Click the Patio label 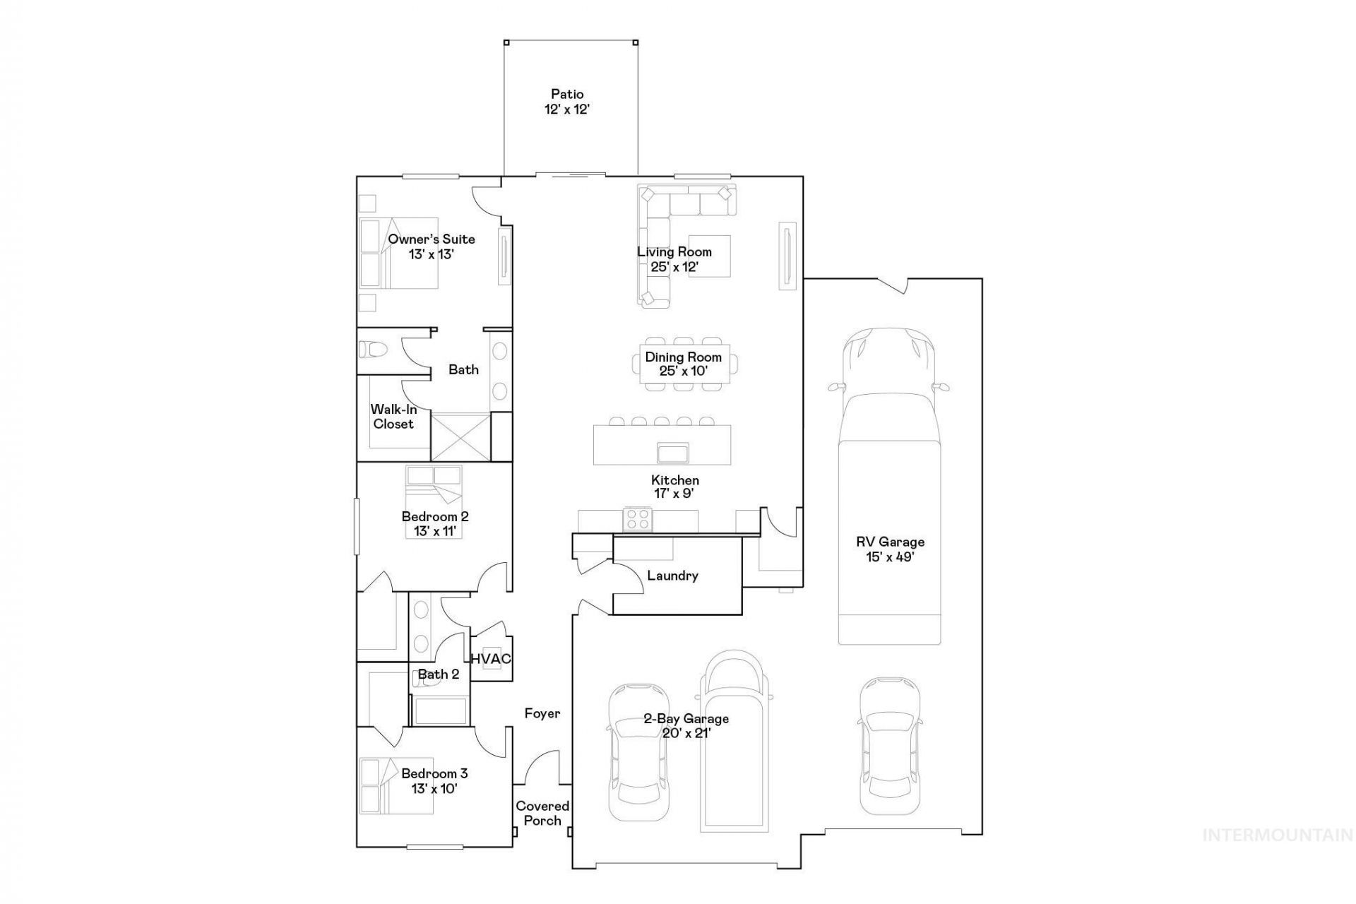[x=567, y=94]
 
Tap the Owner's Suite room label [x=432, y=239]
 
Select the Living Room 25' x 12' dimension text [x=674, y=267]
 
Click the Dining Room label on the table [x=684, y=357]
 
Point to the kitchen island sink [x=672, y=451]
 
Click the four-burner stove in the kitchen [x=637, y=519]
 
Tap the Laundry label [x=672, y=576]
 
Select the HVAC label [x=491, y=659]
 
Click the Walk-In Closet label [x=394, y=417]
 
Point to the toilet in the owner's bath [x=374, y=349]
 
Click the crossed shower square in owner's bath [x=460, y=438]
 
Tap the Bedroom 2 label [x=435, y=517]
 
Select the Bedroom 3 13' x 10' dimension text [x=434, y=789]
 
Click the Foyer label [x=542, y=713]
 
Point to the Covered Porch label [x=542, y=813]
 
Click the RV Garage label [x=890, y=542]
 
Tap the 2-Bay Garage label [x=686, y=719]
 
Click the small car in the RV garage [x=890, y=746]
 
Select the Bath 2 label [x=439, y=674]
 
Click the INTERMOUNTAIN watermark [x=1278, y=835]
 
